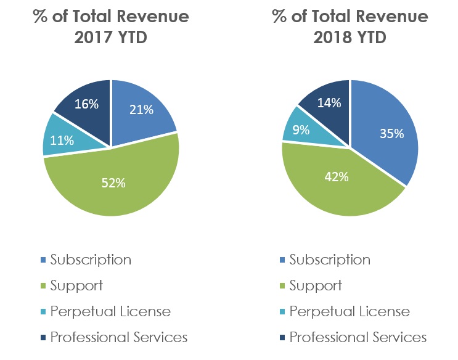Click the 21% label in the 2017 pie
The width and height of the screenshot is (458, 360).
click(x=141, y=110)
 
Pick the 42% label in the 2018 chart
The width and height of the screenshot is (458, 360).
click(x=337, y=177)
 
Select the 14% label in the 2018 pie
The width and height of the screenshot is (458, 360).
click(x=329, y=103)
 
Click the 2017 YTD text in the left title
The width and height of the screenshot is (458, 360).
click(x=111, y=37)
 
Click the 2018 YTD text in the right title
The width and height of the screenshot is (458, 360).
click(x=350, y=37)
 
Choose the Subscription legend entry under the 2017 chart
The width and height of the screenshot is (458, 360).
click(x=91, y=260)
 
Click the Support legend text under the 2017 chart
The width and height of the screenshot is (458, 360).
click(x=76, y=285)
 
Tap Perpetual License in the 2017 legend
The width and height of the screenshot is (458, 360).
click(x=110, y=311)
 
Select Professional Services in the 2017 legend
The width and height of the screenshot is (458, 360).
click(x=119, y=337)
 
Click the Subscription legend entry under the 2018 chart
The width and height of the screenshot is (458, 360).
click(x=330, y=260)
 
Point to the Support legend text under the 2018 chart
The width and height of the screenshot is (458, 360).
click(x=316, y=285)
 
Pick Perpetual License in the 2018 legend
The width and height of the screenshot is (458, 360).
click(x=350, y=311)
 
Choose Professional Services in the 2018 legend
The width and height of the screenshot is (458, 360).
click(x=358, y=337)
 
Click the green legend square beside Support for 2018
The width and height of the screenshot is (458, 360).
click(x=281, y=286)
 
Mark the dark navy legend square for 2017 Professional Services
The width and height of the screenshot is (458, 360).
click(x=42, y=338)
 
